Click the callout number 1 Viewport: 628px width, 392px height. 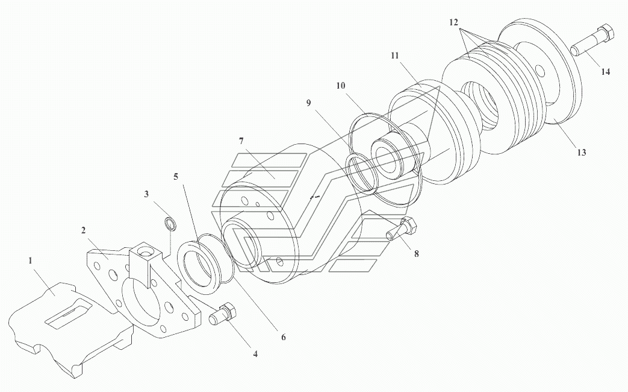(30, 261)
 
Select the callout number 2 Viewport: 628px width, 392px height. (83, 230)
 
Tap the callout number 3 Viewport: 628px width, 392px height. (146, 194)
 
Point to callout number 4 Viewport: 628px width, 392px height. (255, 354)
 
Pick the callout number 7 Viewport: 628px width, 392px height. (241, 141)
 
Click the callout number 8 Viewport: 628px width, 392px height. (417, 253)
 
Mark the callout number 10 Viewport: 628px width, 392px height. (341, 86)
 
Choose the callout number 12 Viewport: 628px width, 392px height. (453, 22)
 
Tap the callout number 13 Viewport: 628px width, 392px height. (582, 153)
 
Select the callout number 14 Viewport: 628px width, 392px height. (606, 72)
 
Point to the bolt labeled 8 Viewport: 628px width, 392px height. (402, 229)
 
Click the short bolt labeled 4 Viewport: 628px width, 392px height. (223, 313)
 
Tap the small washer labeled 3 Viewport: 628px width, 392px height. (171, 224)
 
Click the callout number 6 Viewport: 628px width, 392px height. (283, 337)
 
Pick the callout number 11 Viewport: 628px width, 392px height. (395, 55)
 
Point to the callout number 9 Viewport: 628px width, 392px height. (308, 103)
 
